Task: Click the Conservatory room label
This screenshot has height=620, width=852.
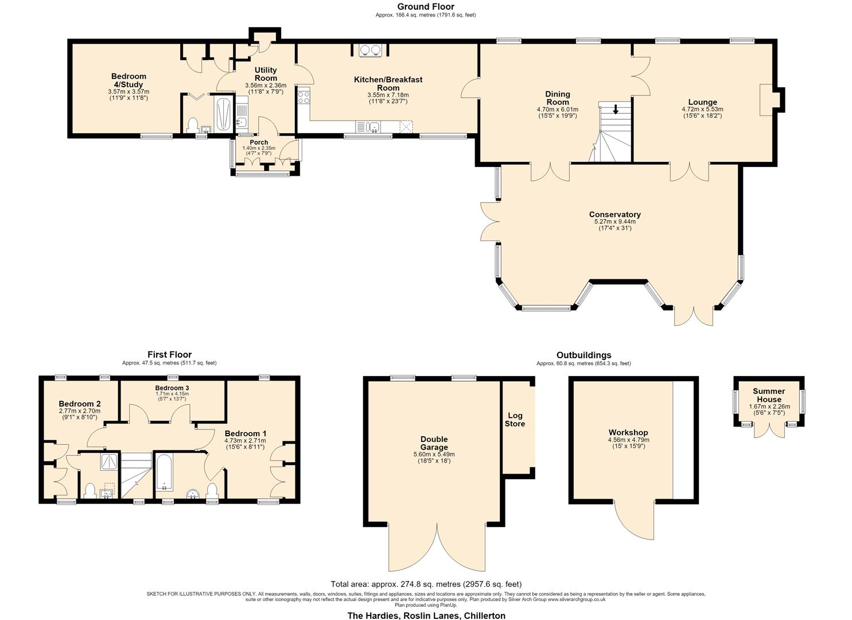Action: [614, 214]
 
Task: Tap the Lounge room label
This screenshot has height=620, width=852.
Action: [702, 102]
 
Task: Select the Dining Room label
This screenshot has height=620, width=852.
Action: [558, 98]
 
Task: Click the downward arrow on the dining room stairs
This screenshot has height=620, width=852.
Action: [616, 110]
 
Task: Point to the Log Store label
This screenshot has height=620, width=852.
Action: [515, 420]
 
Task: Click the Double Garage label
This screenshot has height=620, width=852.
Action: [434, 443]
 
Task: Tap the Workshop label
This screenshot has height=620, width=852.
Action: [628, 432]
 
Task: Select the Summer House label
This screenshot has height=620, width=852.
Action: [769, 395]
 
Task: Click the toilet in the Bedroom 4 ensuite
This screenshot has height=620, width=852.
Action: [193, 125]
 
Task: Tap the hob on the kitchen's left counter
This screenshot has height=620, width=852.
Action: [304, 95]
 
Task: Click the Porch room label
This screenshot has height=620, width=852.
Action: [259, 142]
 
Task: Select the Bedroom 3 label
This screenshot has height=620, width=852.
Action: [172, 388]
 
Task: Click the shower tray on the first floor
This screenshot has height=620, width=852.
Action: [110, 462]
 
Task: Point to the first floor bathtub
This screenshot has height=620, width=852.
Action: [164, 472]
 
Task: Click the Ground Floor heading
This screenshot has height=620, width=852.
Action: [426, 6]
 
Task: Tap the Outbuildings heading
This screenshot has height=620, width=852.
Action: [584, 355]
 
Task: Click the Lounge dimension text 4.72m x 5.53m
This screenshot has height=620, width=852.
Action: [702, 109]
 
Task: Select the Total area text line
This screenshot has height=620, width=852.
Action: [426, 584]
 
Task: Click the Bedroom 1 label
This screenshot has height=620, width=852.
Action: [246, 433]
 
